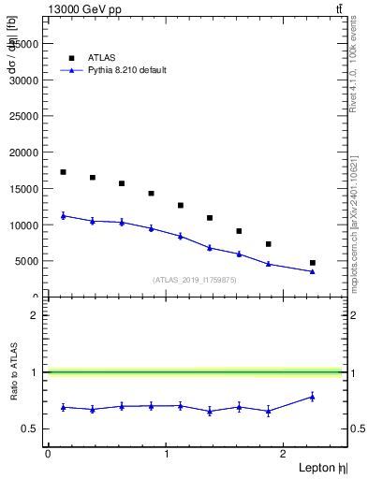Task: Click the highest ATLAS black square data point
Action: pos(63,172)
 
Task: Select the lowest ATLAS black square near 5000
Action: pos(312,263)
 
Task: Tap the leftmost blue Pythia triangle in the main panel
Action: pos(63,215)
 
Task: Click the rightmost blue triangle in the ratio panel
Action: pos(312,396)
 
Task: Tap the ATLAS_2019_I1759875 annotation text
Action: pos(195,280)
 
